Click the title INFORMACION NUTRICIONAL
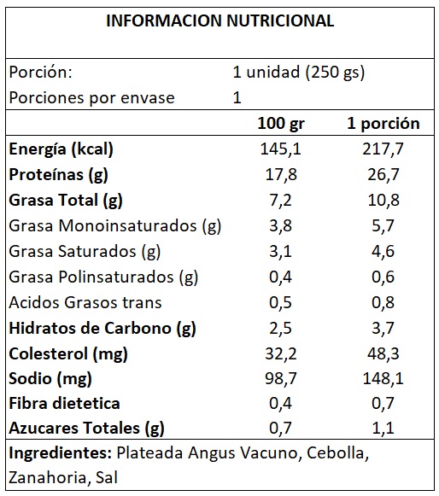click(x=220, y=20)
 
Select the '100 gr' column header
click(x=281, y=124)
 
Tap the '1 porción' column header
click(x=383, y=124)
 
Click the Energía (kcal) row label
click(x=61, y=149)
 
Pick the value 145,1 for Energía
click(x=281, y=149)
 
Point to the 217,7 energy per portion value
click(x=383, y=149)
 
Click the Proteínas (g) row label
click(x=59, y=175)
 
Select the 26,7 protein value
click(x=383, y=175)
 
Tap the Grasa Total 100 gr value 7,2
click(x=281, y=201)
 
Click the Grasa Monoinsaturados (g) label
click(x=115, y=226)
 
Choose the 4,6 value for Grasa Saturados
click(x=383, y=252)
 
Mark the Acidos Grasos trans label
click(x=85, y=302)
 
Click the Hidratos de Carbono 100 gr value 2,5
click(x=281, y=328)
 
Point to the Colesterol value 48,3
click(x=383, y=353)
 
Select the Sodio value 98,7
click(x=281, y=379)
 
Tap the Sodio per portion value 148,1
click(x=383, y=379)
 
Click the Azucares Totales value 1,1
click(x=383, y=429)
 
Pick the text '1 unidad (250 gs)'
click(x=299, y=73)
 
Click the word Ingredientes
click(x=60, y=454)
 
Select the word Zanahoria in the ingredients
click(x=47, y=478)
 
